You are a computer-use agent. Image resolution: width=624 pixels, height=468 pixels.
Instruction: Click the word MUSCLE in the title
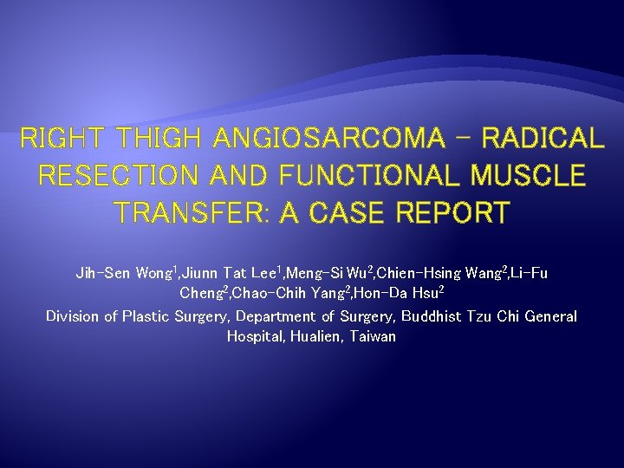pyautogui.click(x=529, y=176)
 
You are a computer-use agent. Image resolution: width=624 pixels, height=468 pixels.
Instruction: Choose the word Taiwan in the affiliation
pyautogui.click(x=373, y=336)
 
